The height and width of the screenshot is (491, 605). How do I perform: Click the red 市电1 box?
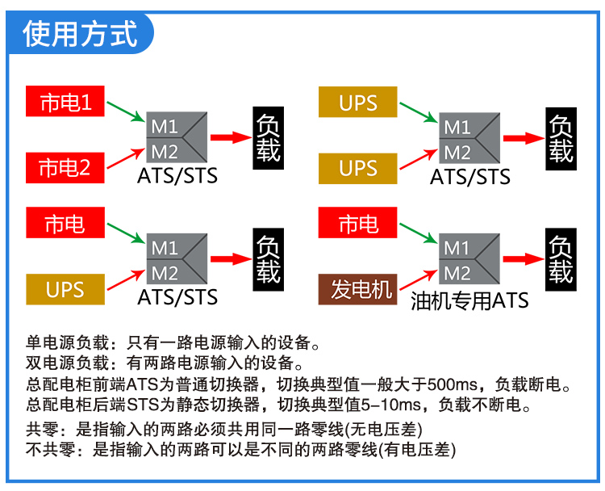coord(65,101)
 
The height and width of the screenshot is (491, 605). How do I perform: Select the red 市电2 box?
coord(65,168)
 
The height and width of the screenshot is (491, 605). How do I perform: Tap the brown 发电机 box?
coord(357,289)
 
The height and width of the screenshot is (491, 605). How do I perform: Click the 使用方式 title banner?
coord(80,34)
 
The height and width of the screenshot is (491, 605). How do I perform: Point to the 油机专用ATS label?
coord(469,300)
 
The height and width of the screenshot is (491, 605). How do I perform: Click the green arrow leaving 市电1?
coord(126,111)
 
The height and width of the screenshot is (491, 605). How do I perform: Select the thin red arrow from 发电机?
coord(419,279)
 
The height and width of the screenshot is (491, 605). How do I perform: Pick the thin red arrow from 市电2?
coord(126,158)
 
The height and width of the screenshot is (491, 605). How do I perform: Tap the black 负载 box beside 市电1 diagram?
coord(268,138)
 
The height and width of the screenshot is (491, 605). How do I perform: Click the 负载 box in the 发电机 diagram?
coord(561,259)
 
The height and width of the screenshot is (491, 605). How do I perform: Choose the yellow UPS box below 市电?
coord(65,289)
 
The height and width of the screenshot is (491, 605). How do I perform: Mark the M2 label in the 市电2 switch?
coord(165,152)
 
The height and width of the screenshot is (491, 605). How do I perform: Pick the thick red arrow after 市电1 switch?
coord(232,137)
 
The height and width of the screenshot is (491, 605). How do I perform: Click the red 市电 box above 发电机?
coord(357,223)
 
